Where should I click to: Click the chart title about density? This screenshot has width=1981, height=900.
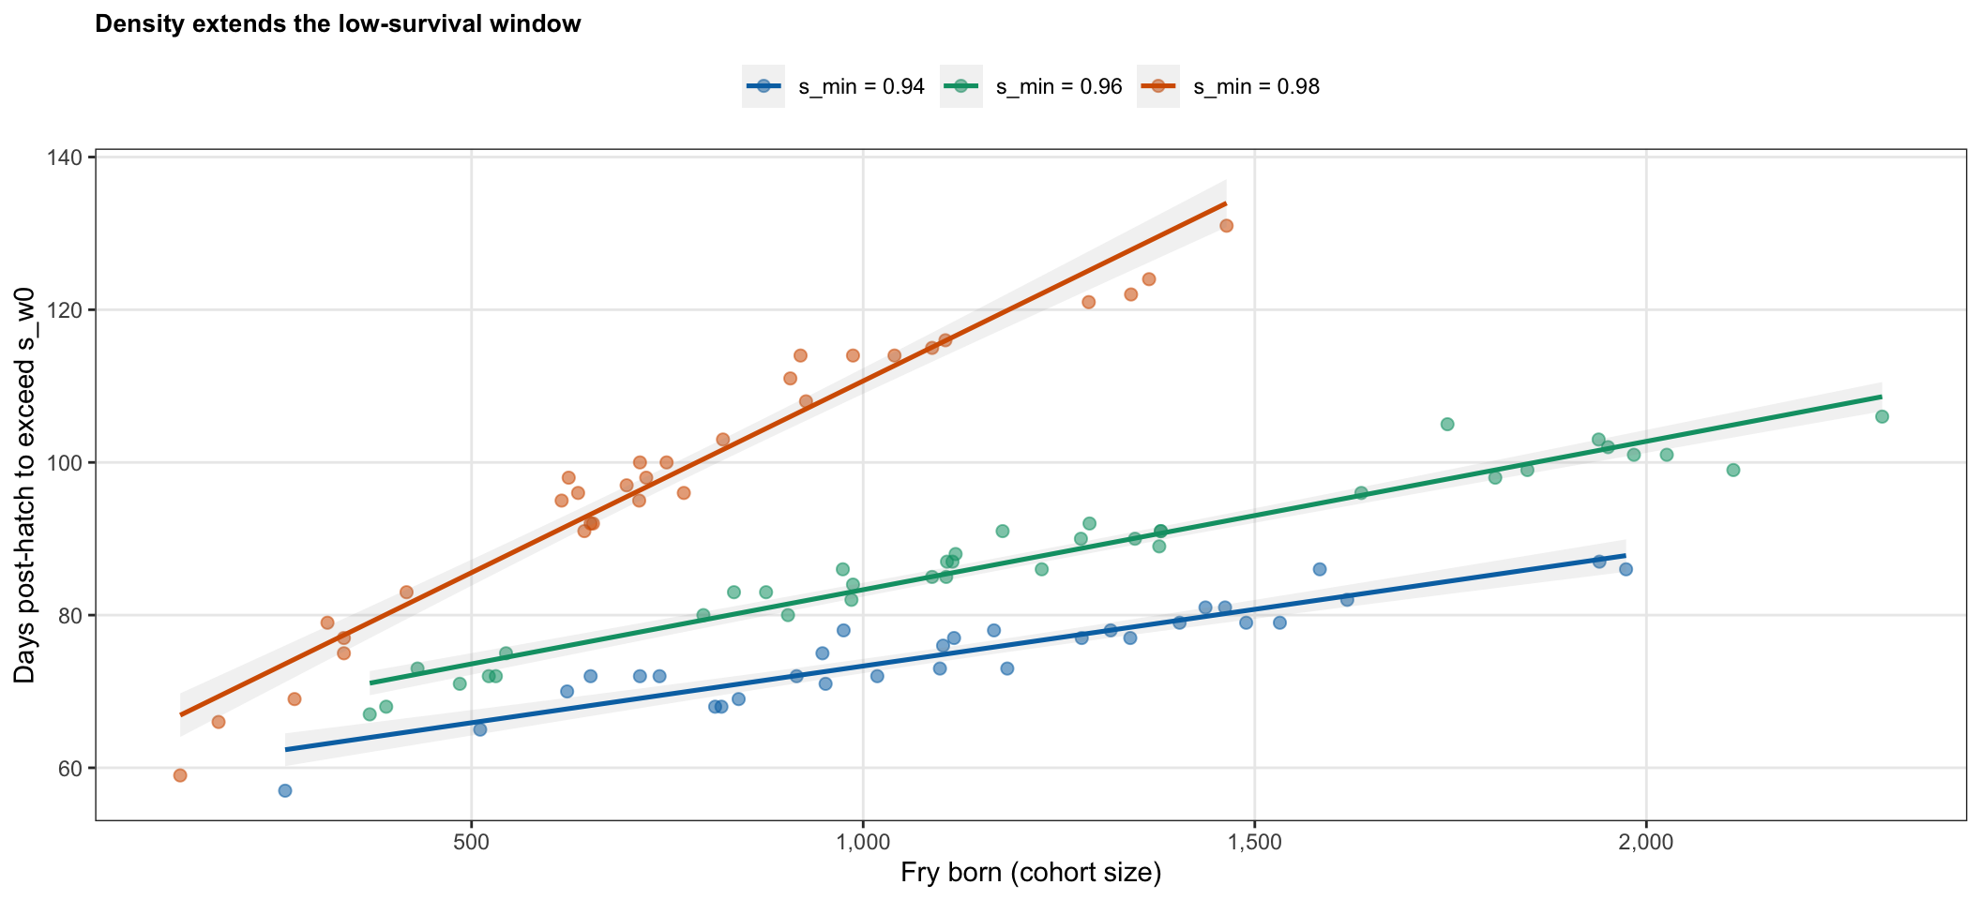(338, 24)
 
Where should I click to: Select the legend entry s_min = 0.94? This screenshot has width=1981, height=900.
(835, 87)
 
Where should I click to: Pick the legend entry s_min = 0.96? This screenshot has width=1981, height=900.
(1032, 87)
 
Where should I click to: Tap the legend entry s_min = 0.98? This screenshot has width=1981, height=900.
(1230, 87)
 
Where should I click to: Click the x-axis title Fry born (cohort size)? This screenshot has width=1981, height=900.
(1031, 874)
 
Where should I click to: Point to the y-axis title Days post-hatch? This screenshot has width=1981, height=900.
(25, 485)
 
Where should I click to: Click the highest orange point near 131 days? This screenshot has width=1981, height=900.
(1226, 226)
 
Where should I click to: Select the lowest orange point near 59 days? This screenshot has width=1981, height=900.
(180, 775)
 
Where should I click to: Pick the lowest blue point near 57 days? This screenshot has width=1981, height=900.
(285, 790)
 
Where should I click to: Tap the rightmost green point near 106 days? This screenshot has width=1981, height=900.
(1882, 416)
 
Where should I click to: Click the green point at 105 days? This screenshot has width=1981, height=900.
(1447, 425)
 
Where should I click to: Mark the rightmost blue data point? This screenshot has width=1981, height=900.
(1626, 569)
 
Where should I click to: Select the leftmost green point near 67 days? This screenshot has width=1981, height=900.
(370, 714)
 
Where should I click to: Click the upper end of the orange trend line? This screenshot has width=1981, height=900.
(1226, 202)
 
